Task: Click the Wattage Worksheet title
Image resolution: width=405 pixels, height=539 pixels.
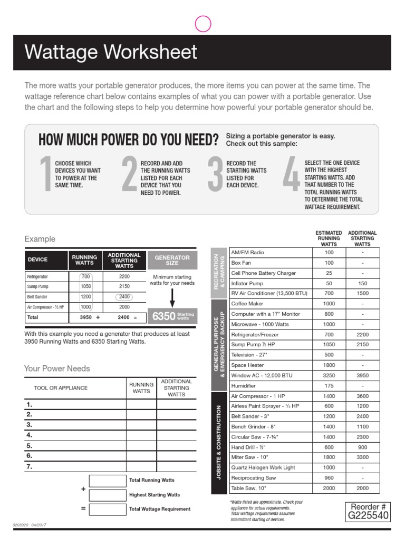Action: (x=111, y=53)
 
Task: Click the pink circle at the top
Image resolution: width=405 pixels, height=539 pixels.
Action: (x=203, y=24)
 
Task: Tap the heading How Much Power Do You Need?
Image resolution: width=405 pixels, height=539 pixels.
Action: (x=128, y=140)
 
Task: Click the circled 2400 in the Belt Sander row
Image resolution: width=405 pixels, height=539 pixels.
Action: (x=123, y=297)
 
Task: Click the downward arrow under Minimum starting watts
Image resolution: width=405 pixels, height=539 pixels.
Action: (x=172, y=297)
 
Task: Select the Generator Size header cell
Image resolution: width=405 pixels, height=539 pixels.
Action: (x=172, y=260)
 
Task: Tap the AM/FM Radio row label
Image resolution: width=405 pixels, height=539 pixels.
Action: (x=247, y=253)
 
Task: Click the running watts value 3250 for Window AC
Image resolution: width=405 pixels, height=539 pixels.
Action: (x=329, y=376)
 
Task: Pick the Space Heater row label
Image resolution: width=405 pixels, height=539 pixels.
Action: (x=247, y=365)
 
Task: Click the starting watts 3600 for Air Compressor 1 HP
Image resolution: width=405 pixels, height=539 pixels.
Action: (x=362, y=396)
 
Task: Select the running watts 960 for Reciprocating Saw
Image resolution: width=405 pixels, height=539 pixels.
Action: (x=329, y=478)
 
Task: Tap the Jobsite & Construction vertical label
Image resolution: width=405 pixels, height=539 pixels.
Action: (x=218, y=443)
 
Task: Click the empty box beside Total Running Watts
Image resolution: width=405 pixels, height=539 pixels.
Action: (x=107, y=481)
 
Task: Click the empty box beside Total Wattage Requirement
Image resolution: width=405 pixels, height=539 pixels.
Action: (x=107, y=510)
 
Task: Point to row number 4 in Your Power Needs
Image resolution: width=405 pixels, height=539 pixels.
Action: (x=30, y=435)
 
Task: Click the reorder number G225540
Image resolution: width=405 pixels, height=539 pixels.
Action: (x=369, y=515)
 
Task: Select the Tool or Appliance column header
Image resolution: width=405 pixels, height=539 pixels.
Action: (x=61, y=388)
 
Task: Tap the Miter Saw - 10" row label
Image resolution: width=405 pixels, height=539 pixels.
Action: (x=250, y=457)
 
